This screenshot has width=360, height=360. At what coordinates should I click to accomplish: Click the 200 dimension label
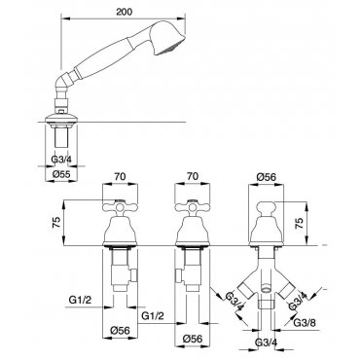[125, 12]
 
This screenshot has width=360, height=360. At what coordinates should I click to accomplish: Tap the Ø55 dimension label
[61, 174]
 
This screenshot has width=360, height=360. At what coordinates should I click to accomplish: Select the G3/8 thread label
[305, 323]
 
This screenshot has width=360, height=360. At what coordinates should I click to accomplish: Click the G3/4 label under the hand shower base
[62, 160]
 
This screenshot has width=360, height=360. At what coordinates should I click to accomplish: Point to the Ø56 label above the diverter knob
[266, 177]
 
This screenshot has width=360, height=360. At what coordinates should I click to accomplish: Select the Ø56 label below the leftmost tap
[120, 331]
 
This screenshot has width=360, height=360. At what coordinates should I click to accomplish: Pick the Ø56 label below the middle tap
[193, 339]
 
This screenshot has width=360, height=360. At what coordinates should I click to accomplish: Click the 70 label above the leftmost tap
[120, 176]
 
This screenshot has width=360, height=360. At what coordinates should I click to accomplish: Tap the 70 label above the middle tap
[192, 176]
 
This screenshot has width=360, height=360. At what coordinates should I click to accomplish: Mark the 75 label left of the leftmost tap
[56, 223]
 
